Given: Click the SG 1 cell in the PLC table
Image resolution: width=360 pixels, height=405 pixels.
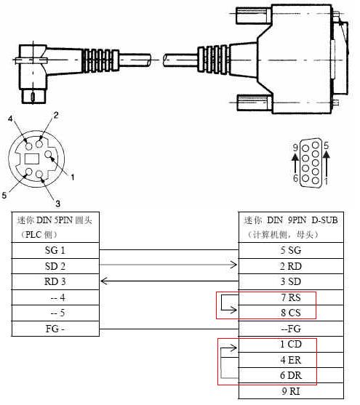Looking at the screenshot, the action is (x=55, y=250).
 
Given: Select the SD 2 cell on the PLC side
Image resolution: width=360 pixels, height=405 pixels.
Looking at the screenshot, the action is (x=55, y=266).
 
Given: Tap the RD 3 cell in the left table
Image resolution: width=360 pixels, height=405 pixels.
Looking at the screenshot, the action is (x=55, y=281).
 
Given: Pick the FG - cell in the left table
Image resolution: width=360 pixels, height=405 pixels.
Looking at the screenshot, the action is (x=55, y=329).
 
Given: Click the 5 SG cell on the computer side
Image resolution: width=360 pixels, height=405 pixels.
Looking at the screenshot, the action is (x=291, y=250).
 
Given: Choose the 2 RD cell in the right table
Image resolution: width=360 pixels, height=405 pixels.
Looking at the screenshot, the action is (x=291, y=266).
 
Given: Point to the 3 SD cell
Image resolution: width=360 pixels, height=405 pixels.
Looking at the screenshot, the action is (x=291, y=281).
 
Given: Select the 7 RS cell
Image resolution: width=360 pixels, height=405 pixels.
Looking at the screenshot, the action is (x=291, y=297).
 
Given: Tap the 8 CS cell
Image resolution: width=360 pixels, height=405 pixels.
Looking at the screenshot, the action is (x=291, y=313).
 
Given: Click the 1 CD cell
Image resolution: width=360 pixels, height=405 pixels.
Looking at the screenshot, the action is (x=291, y=344).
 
